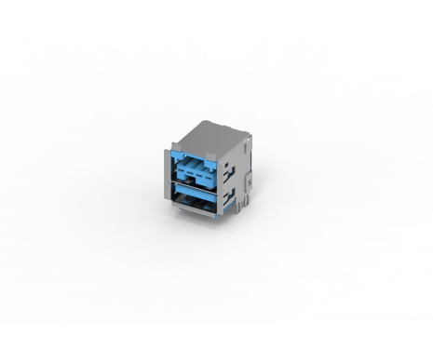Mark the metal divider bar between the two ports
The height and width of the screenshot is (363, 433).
coord(194,185)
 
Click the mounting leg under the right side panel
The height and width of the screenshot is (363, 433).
coord(239,210)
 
